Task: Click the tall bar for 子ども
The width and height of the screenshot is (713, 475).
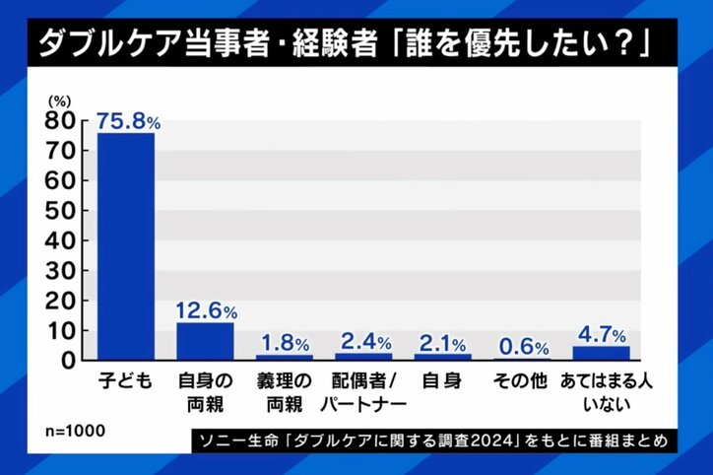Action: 125,246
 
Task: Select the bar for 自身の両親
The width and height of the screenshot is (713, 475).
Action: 205,341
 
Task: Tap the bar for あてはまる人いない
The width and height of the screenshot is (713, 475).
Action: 601,353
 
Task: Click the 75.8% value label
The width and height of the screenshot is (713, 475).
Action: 128,120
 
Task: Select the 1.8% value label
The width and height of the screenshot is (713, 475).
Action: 285,343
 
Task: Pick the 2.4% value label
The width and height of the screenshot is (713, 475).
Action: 363,342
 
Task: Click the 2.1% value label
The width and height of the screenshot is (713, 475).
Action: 443,342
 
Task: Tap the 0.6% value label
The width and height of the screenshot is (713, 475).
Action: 522,347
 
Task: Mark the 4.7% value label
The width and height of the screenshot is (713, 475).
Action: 601,333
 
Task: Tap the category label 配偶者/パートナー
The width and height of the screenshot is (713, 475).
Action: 363,392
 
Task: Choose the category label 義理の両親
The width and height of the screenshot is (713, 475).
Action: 285,392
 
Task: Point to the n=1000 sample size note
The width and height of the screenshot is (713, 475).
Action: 76,432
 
